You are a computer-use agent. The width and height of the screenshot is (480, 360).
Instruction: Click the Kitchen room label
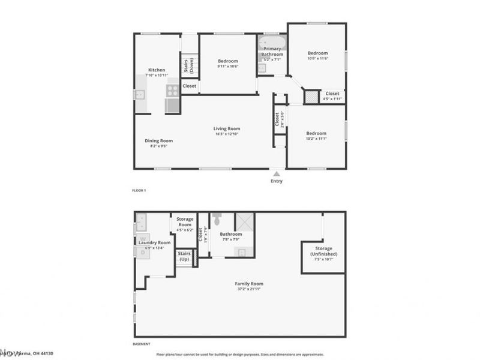157,70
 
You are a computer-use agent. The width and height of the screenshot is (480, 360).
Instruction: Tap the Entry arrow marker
276,173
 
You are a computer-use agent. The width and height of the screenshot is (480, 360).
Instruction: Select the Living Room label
227,128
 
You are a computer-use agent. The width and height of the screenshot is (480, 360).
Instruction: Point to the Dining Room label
158,141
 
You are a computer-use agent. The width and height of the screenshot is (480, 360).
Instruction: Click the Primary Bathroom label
272,52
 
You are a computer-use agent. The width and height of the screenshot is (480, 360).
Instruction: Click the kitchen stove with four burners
172,90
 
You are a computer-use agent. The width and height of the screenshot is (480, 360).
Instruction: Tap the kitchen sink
140,94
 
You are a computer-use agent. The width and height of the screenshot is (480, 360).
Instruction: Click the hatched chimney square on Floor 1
311,97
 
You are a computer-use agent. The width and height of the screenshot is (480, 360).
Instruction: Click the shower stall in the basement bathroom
244,222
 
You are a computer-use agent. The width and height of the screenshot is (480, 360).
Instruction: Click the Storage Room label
185,222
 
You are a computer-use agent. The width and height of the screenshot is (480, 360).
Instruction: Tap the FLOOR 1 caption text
139,190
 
